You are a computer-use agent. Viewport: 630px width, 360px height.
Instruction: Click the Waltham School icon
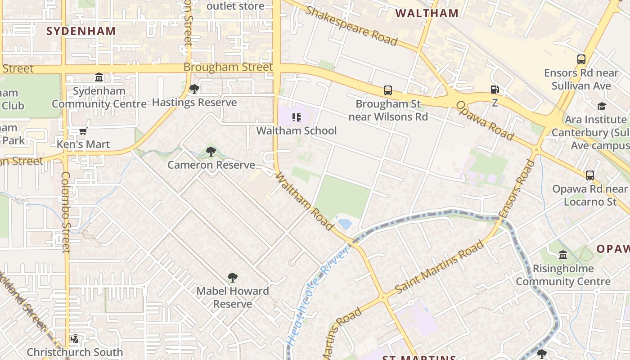[296, 117]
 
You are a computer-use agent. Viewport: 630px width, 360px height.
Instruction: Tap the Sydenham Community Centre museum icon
[99, 77]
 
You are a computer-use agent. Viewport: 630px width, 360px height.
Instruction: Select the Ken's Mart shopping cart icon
[83, 131]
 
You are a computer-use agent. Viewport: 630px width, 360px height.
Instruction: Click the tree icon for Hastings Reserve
[194, 89]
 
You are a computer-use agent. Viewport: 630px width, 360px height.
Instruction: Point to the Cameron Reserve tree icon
[211, 152]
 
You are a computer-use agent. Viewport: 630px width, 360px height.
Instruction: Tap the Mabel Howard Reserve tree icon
[232, 278]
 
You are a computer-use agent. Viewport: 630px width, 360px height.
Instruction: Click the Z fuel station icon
[495, 90]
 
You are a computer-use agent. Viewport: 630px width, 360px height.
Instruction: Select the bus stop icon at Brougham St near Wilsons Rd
[387, 90]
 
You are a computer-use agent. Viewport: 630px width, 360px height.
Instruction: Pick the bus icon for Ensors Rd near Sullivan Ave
[581, 59]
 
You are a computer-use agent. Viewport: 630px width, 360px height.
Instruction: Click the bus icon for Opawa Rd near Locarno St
[589, 175]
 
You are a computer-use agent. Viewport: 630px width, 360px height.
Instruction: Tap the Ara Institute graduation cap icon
[602, 107]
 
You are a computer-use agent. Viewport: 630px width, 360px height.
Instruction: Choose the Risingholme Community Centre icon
[563, 256]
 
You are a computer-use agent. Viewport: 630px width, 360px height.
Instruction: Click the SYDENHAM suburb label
[81, 31]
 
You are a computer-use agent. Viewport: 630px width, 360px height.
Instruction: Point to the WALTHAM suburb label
[427, 13]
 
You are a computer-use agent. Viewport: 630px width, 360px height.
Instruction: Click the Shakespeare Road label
[351, 26]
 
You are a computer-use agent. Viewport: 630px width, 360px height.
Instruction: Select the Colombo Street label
[66, 211]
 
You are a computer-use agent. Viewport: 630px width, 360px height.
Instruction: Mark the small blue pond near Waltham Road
[345, 224]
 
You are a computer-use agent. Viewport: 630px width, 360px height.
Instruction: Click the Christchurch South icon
[75, 338]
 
